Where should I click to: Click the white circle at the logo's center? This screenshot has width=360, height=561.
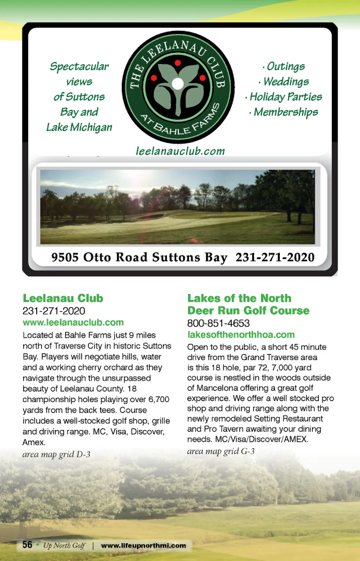tap(178, 83)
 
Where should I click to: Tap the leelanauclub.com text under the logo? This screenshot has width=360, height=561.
tap(180, 151)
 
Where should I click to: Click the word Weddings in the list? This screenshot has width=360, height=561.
tap(286, 82)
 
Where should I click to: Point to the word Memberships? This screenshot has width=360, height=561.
tap(285, 112)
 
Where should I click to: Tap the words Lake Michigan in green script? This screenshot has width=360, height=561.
tap(79, 127)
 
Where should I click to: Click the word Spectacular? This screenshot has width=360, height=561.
tap(79, 67)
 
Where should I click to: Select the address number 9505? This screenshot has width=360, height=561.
tap(65, 257)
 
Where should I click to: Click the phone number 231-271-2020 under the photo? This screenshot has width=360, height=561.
tap(275, 257)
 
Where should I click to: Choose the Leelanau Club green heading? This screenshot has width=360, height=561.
tap(63, 298)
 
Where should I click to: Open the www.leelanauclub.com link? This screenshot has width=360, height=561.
tap(73, 323)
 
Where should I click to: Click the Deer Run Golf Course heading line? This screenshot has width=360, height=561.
tap(248, 311)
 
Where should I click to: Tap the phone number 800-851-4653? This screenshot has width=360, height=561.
tap(218, 323)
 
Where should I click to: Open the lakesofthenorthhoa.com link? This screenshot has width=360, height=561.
tap(241, 335)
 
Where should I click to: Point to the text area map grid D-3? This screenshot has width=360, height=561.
tap(56, 455)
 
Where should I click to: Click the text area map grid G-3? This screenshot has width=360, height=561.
tap(221, 451)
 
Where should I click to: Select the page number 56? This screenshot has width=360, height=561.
tap(27, 545)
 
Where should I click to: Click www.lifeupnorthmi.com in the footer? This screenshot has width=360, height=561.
tap(144, 546)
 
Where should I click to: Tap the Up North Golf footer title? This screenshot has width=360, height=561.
tap(64, 546)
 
